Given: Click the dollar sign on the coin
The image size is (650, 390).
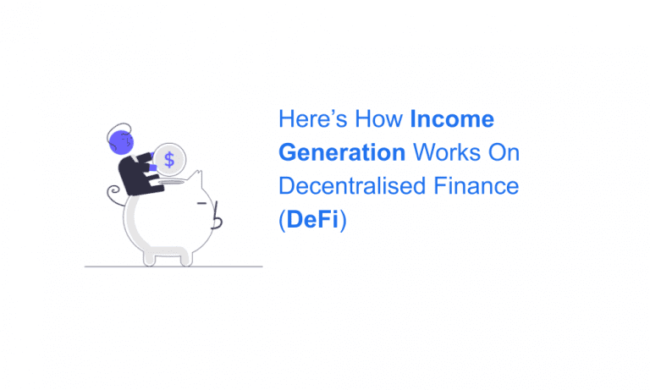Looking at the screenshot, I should pos(170,159).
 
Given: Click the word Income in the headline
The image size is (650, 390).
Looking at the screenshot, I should pos(452,119).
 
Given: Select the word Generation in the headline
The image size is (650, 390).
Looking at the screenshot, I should pos(342,153).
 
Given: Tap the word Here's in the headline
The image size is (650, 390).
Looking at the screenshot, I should pos(311,119).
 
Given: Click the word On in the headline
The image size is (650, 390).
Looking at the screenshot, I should pos(505,153).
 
